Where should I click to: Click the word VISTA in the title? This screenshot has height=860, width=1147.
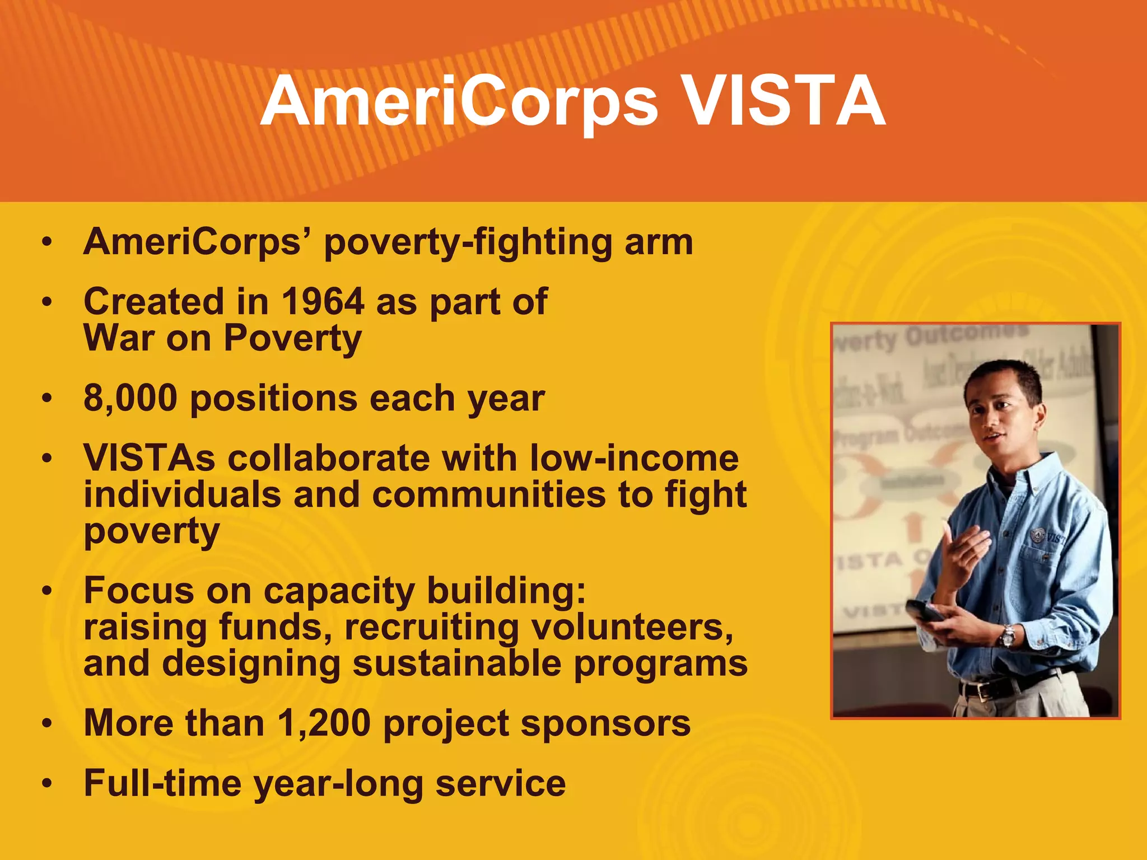coord(784,102)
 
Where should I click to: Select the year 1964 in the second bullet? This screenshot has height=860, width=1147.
coord(323,302)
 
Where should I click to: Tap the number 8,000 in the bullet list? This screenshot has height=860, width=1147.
coord(130,399)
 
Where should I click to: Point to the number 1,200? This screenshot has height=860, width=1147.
coord(324,723)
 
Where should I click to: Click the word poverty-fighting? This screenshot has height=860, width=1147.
coord(468,243)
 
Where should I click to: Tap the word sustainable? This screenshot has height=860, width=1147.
coord(456,664)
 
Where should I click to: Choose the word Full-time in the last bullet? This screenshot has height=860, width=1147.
coord(162,783)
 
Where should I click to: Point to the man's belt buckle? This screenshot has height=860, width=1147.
coord(984,691)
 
